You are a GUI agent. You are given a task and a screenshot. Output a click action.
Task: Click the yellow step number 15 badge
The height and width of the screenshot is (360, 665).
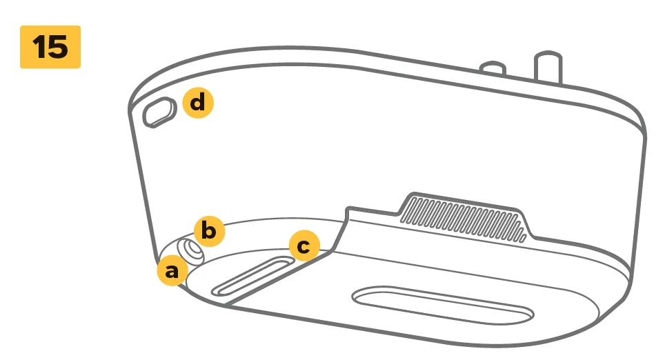coord(50,47)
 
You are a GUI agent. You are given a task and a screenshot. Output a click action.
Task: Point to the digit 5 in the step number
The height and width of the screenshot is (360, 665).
coord(58,47)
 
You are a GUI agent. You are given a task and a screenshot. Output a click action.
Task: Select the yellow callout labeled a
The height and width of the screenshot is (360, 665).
coord(172,270)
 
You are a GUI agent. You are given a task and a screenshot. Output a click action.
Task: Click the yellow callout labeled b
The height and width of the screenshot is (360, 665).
coord(209,232)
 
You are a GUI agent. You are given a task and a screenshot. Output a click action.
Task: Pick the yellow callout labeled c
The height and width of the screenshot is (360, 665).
coord(304,246)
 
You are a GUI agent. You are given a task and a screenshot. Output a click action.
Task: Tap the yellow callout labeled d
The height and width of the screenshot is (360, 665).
coord(198,103)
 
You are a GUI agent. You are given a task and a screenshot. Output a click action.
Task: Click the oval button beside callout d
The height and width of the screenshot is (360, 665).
coord(159,112)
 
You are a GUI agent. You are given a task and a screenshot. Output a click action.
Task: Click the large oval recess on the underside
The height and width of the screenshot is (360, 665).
coord(443,305)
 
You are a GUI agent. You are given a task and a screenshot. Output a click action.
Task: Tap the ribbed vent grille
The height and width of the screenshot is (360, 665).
coord(463,219)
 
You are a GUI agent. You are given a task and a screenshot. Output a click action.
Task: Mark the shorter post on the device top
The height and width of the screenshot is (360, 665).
coord(493,69)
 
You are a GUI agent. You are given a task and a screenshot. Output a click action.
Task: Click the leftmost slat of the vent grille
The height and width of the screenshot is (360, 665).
coord(406,210)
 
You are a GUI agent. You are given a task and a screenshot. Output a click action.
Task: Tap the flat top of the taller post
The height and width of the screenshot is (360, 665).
coord(548,56)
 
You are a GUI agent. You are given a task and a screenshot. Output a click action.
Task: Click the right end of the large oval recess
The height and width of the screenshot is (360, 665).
coord(533,315)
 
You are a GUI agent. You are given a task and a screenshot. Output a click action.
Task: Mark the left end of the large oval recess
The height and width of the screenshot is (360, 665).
coord(353,296)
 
